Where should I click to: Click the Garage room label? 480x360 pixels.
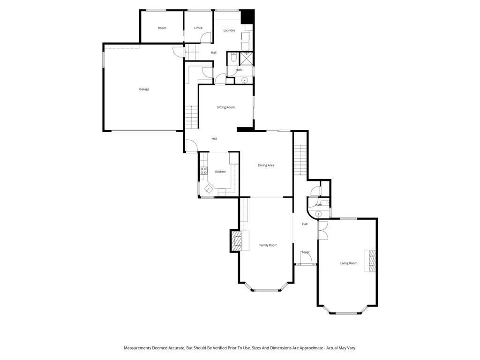pyautogui.click(x=144, y=89)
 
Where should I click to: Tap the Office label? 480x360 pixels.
pyautogui.click(x=198, y=28)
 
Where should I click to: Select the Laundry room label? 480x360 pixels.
pyautogui.click(x=229, y=30)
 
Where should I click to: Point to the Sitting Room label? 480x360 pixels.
pyautogui.click(x=225, y=107)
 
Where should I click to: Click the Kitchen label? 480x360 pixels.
pyautogui.click(x=220, y=172)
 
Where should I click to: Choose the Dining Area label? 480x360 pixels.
pyautogui.click(x=266, y=165)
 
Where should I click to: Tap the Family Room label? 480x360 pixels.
pyautogui.click(x=268, y=245)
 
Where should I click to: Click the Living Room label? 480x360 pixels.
pyautogui.click(x=349, y=263)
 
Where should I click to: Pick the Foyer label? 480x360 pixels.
pyautogui.click(x=306, y=252)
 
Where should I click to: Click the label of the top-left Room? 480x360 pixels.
pyautogui.click(x=162, y=28)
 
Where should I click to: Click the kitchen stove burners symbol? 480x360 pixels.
pyautogui.click(x=204, y=171)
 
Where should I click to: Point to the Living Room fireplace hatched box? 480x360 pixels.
pyautogui.click(x=372, y=260)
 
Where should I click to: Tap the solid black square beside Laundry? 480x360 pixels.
pyautogui.click(x=247, y=16)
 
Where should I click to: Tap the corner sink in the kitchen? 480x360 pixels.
pyautogui.click(x=209, y=189)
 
